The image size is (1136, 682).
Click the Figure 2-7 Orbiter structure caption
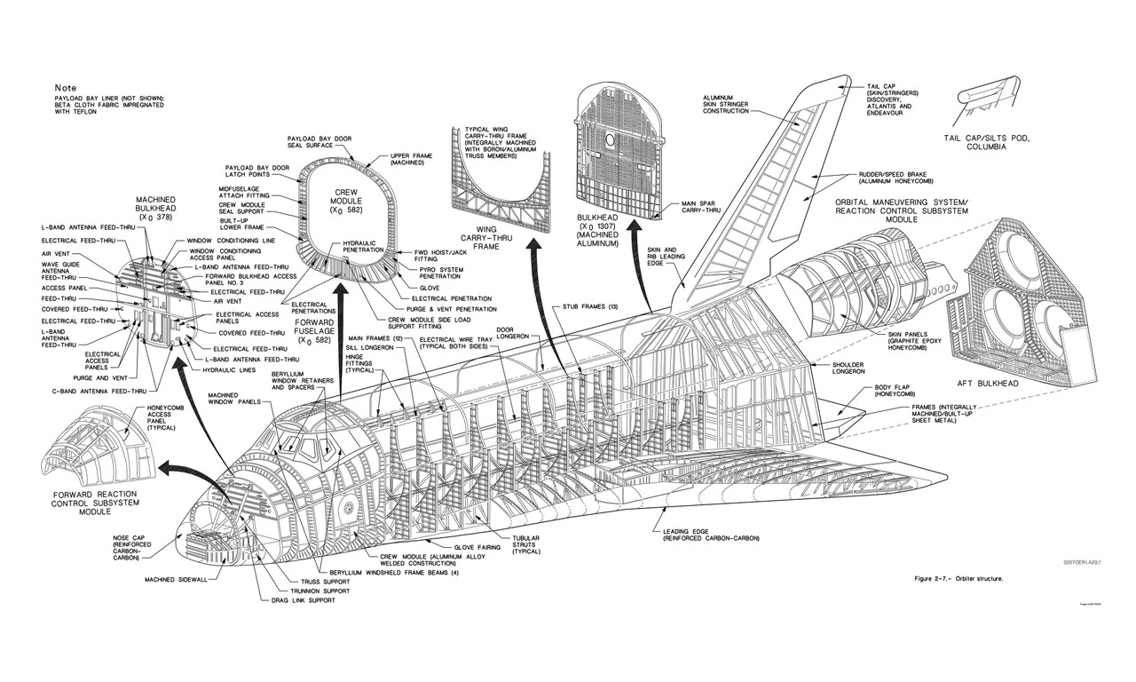point(959,578)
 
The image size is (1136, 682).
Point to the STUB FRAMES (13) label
point(590,306)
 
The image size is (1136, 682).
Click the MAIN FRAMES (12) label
point(377,337)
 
